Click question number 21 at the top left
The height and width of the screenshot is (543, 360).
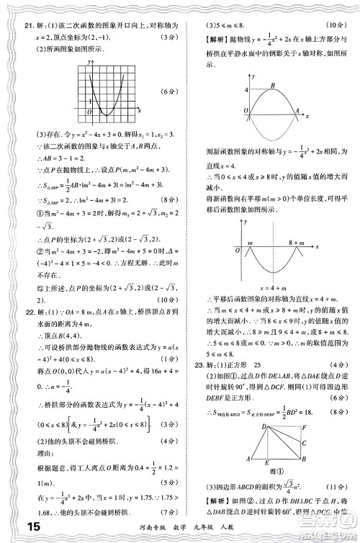(x=19, y=26)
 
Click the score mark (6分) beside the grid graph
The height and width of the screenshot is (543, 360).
(x=168, y=92)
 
